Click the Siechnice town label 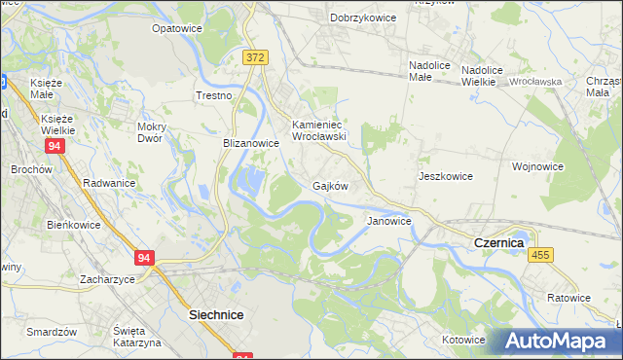click(215, 315)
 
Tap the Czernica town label click(498, 241)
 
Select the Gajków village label click(330, 185)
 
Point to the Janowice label click(388, 221)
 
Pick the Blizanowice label click(251, 142)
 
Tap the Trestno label click(213, 96)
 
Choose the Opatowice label click(176, 29)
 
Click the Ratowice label click(568, 298)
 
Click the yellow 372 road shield click(255, 58)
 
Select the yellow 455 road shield click(541, 254)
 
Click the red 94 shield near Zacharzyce click(145, 258)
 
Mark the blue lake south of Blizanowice click(250, 180)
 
